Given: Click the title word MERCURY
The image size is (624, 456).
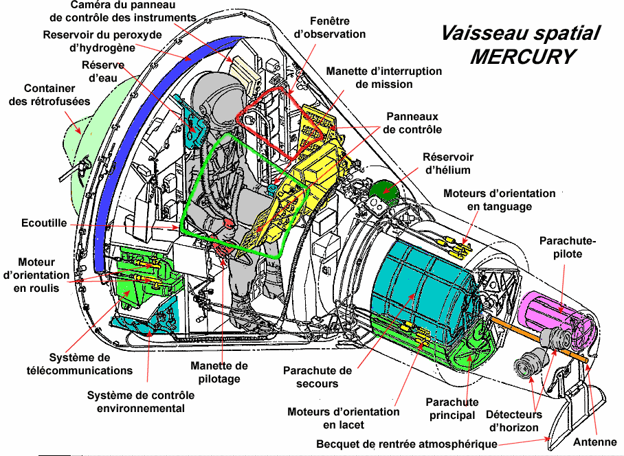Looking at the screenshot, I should (x=522, y=56).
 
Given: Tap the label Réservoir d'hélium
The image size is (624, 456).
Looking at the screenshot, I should (x=447, y=163).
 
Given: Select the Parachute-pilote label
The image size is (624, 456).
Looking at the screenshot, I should (x=568, y=247).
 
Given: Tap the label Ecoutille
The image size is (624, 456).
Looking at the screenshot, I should (x=44, y=223).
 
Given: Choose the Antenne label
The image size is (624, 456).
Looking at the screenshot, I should (x=594, y=442).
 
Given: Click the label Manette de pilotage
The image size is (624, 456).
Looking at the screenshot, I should (x=219, y=372).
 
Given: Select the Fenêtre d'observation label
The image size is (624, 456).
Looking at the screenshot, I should (x=329, y=27).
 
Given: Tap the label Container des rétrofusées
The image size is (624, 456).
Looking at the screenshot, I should (x=49, y=95).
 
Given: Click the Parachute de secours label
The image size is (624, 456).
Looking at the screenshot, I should (x=317, y=377).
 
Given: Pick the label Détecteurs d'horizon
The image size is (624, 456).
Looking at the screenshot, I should (x=513, y=421).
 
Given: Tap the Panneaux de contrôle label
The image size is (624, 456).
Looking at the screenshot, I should (x=412, y=123).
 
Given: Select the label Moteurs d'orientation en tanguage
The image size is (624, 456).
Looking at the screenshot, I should (x=499, y=200).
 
